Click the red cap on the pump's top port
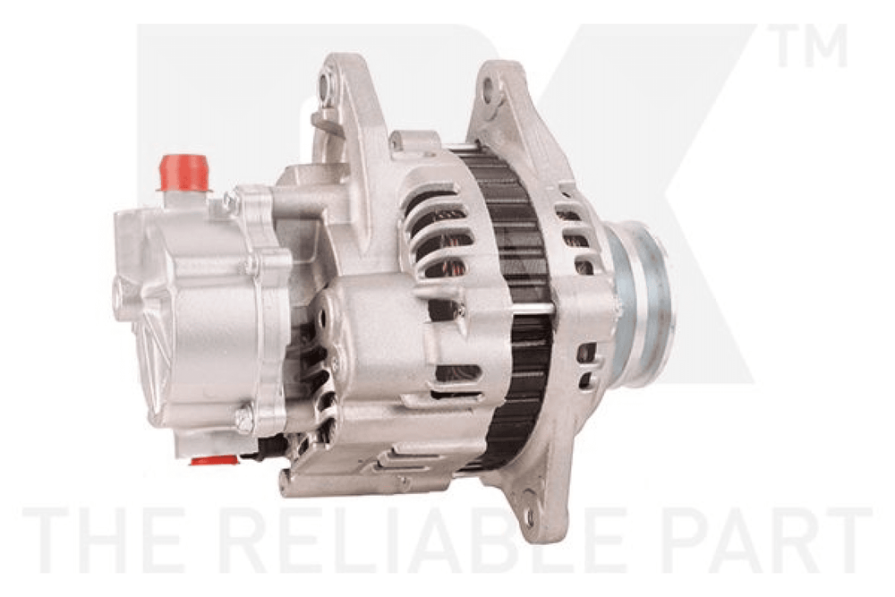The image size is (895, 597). [183, 172]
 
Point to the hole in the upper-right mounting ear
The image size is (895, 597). [488, 87]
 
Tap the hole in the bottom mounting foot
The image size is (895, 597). [531, 517]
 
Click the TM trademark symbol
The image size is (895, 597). [810, 46]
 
